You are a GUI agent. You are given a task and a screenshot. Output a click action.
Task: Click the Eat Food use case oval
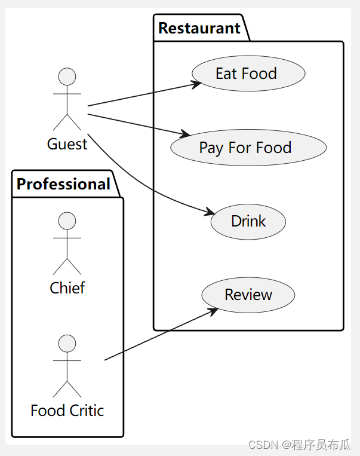tap(248, 74)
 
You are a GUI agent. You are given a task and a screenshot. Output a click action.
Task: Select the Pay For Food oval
tap(248, 148)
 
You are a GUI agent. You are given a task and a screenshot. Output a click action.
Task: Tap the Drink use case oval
tap(248, 221)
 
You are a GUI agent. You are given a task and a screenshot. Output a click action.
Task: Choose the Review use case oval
tap(248, 295)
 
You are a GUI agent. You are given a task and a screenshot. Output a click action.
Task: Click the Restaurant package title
tap(199, 28)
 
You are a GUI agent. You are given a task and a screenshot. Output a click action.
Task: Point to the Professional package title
tap(63, 184)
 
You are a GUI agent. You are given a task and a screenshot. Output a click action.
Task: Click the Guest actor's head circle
tap(67, 77)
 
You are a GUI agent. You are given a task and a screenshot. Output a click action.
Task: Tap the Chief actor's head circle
tap(67, 221)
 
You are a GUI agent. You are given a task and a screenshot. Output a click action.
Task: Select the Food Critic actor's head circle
tap(67, 344)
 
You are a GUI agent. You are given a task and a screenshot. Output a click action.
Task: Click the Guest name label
tap(67, 144)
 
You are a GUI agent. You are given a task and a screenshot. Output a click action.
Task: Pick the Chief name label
tap(67, 288)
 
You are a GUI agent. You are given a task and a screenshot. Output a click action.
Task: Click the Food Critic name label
tap(67, 411)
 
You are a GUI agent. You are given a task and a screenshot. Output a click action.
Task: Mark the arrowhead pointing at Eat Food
tap(197, 84)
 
